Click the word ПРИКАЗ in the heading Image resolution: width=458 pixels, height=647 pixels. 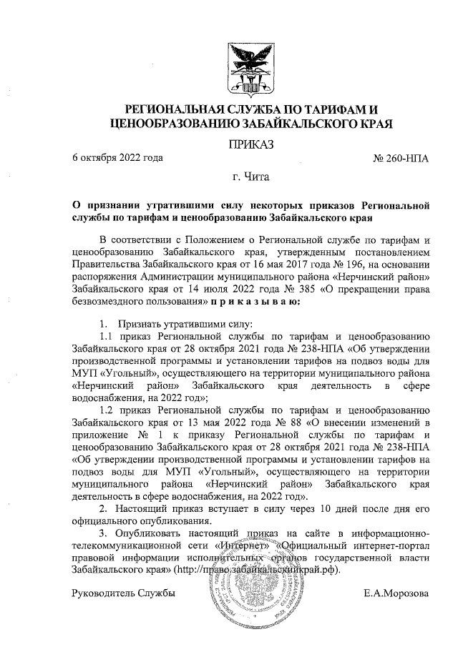(x=250, y=145)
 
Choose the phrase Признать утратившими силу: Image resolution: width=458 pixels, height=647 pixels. (x=166, y=322)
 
